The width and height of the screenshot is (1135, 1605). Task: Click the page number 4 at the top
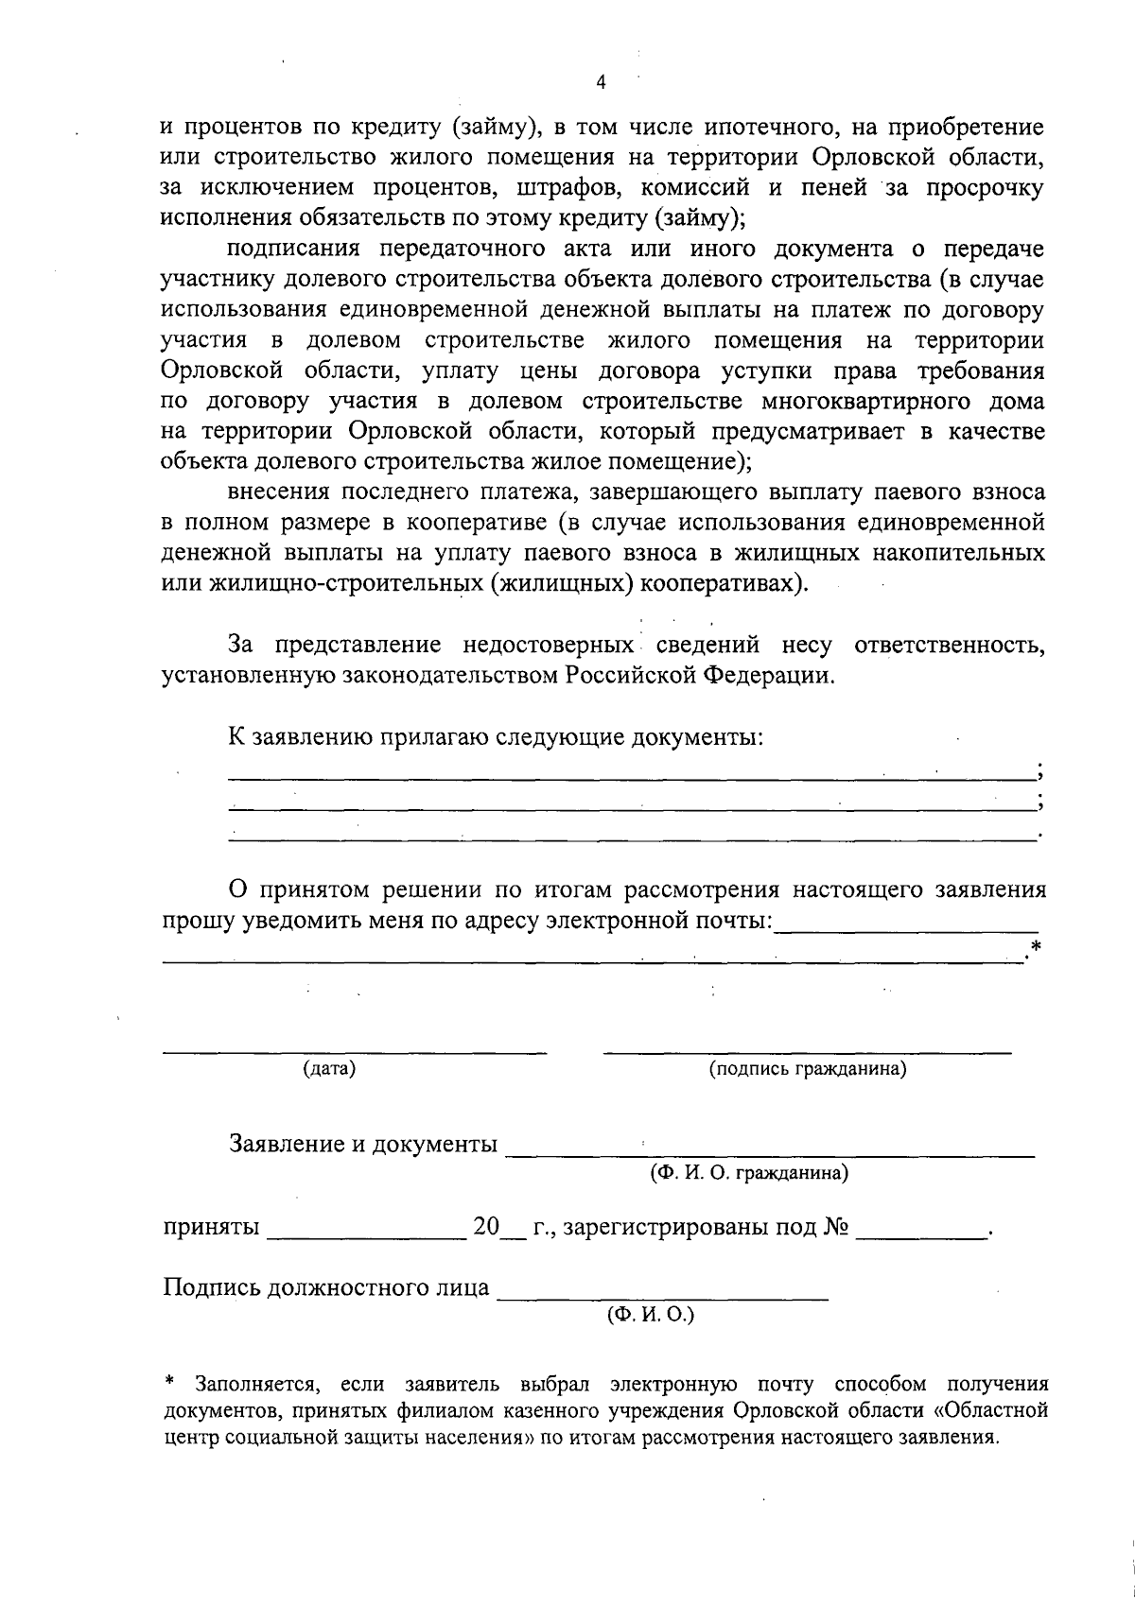[x=601, y=82]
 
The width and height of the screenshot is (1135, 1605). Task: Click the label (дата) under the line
[x=329, y=1069]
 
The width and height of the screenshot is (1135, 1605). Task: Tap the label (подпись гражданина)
[x=808, y=1069]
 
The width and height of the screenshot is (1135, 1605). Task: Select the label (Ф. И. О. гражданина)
[x=747, y=1173]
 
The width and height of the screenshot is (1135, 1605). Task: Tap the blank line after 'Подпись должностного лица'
[x=662, y=1299]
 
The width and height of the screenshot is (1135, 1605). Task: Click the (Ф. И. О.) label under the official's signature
[x=651, y=1315]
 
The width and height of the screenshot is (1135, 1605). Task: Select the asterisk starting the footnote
[x=170, y=1384]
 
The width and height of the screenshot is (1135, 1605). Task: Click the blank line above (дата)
[x=354, y=1050]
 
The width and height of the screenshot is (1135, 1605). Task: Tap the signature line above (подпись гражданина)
[x=807, y=1050]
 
